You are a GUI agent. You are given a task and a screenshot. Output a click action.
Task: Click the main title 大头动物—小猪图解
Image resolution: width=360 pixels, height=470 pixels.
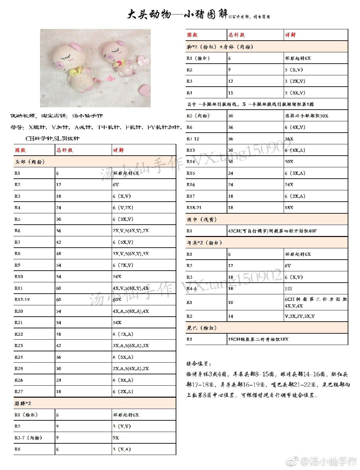(178, 15)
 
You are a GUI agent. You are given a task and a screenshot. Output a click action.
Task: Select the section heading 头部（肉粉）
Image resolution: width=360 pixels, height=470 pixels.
(30, 162)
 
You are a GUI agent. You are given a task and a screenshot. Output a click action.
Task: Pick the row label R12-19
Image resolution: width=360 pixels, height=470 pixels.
(22, 299)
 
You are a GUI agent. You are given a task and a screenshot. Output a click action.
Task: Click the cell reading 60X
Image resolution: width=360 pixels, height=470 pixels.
(117, 299)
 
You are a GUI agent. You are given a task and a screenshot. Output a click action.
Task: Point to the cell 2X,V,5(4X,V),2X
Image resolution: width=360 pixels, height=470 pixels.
(131, 231)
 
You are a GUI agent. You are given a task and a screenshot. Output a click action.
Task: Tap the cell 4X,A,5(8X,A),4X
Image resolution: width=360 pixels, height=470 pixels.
(131, 311)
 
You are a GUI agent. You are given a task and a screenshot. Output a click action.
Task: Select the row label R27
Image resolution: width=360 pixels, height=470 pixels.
(19, 391)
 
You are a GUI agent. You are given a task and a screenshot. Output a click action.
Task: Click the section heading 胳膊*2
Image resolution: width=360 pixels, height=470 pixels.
(23, 403)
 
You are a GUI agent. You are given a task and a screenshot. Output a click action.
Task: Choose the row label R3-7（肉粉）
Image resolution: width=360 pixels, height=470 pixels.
(28, 438)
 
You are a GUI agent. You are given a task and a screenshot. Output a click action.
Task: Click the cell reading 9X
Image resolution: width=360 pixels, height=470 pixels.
(116, 438)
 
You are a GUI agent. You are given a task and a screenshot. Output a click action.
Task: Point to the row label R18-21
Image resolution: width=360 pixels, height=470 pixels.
(194, 207)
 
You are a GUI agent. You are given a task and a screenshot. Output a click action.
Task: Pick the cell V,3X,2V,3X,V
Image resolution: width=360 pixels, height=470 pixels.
(299, 316)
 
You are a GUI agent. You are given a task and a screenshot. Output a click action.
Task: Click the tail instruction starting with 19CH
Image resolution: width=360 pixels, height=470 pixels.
(258, 339)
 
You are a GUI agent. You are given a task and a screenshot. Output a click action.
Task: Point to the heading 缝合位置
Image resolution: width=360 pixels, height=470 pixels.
(199, 364)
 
